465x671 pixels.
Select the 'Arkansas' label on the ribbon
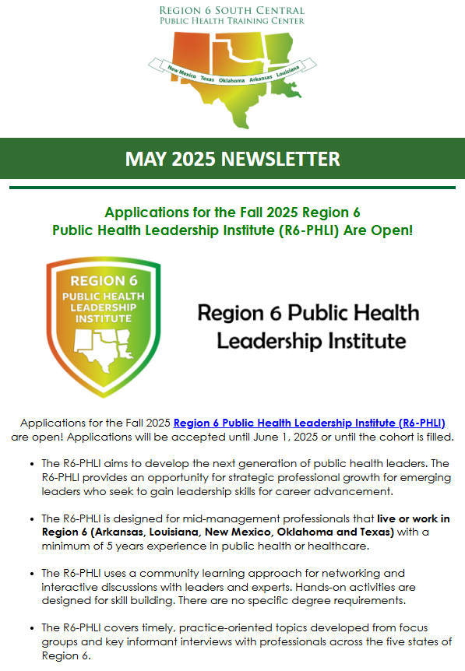click(x=264, y=78)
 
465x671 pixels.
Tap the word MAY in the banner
click(x=146, y=159)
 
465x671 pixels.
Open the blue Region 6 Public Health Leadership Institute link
click(x=309, y=423)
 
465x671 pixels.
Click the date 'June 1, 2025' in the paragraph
click(x=259, y=437)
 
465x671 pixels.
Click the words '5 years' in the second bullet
click(x=122, y=545)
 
